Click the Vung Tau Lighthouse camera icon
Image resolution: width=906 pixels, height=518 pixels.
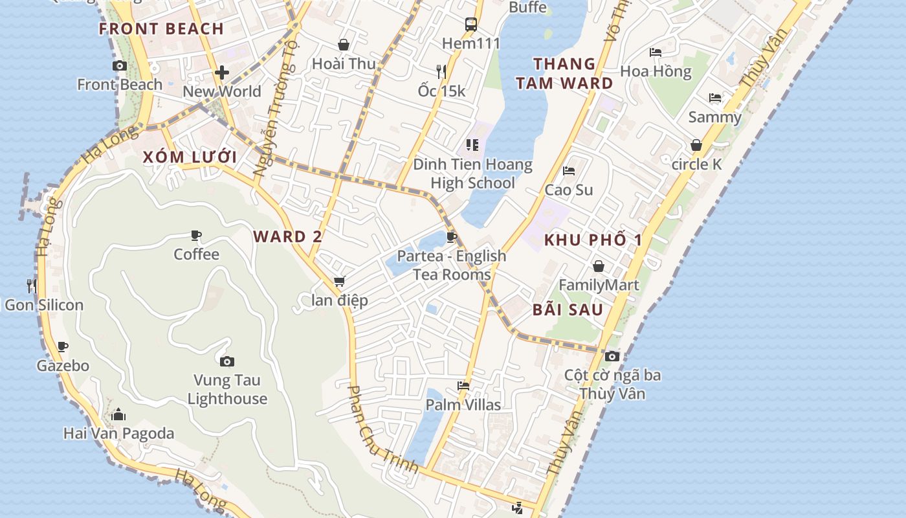coord(226,361)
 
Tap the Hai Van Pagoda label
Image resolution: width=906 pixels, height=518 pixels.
coord(118,433)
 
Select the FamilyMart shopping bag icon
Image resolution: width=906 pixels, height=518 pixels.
coord(599,266)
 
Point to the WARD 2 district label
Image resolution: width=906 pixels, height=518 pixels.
coord(287,236)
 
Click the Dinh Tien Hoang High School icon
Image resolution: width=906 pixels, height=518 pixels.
coord(472,145)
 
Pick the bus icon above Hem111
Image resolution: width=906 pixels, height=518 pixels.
coord(471,25)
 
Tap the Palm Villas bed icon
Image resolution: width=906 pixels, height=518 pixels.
coord(463,386)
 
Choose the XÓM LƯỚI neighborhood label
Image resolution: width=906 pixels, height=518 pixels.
coord(190,157)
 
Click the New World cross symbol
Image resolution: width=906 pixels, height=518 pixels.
coord(222,72)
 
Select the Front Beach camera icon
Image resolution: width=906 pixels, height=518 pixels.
coord(120,65)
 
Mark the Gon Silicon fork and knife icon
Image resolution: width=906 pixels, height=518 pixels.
coord(31,285)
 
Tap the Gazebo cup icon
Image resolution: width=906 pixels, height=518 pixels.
coord(62,346)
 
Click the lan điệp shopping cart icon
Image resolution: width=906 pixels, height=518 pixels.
coord(339,282)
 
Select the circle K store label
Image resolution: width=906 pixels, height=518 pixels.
coord(696,164)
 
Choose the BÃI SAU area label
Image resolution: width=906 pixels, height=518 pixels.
coord(568,310)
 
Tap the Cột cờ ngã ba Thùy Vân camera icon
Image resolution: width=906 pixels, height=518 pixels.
coord(612,356)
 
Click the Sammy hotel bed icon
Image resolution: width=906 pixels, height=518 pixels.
coord(715,98)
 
